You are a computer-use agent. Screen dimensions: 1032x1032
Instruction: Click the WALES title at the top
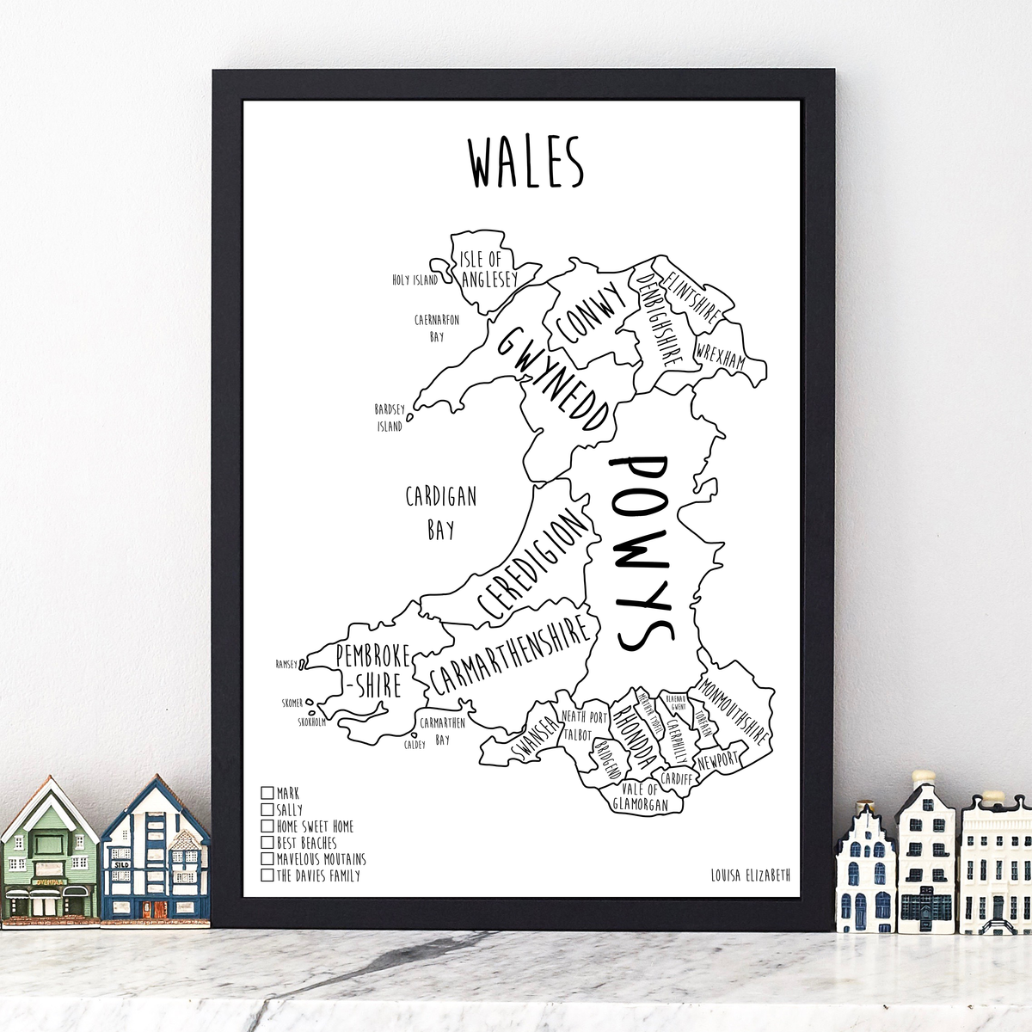(x=525, y=163)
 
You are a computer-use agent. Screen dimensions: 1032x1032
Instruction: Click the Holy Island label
(x=415, y=279)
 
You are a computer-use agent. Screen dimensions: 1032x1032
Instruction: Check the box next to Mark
(x=267, y=792)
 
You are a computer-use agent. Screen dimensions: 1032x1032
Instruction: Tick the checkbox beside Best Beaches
(x=267, y=843)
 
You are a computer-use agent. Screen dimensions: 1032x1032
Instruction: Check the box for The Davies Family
(x=267, y=875)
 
